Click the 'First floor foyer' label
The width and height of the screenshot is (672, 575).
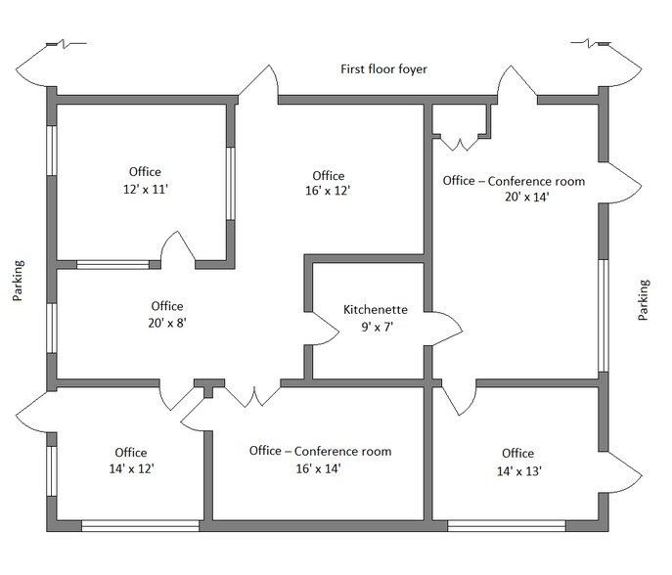click(x=383, y=69)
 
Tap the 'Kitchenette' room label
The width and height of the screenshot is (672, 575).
click(x=369, y=309)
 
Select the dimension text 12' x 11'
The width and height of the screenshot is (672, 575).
click(x=143, y=190)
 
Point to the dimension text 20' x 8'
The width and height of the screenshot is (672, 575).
click(x=166, y=324)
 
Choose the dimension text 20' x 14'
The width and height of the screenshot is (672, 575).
click(x=514, y=198)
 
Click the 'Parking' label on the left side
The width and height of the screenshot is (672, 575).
click(x=19, y=282)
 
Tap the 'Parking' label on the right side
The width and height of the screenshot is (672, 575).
click(x=643, y=300)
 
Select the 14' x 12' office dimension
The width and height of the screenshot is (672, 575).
click(x=130, y=469)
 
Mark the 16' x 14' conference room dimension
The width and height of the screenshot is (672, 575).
click(x=320, y=468)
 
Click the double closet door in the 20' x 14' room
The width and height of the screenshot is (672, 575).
click(x=460, y=143)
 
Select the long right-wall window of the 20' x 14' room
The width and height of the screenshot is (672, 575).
click(x=604, y=315)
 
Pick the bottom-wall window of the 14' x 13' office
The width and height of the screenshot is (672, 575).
click(x=519, y=526)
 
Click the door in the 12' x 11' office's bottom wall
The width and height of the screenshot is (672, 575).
click(x=177, y=252)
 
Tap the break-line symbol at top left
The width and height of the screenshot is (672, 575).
click(x=65, y=44)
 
